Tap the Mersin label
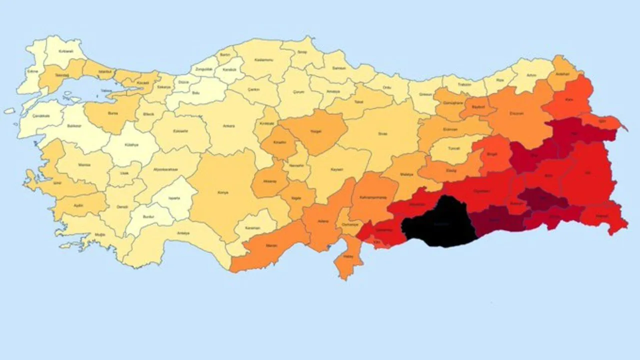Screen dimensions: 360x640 (270, 245)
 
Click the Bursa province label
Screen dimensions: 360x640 (113, 113)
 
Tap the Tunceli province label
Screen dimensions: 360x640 (453, 148)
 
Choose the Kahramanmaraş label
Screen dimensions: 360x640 (375, 197)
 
